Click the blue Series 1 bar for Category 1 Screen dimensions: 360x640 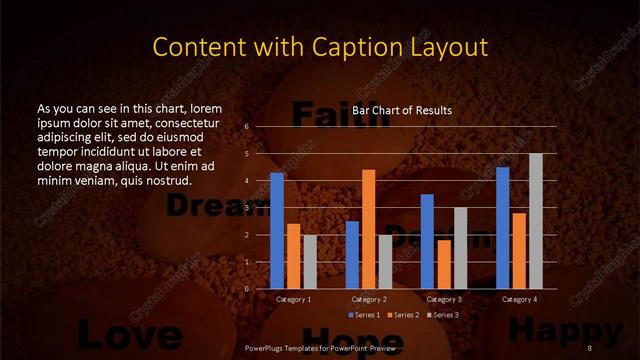click(277, 231)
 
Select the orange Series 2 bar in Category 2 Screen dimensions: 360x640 click(369, 229)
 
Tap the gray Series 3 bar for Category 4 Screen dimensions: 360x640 click(536, 221)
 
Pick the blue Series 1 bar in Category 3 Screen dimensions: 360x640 click(427, 241)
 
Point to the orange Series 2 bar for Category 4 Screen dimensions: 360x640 click(519, 250)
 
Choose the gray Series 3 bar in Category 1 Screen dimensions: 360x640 click(310, 261)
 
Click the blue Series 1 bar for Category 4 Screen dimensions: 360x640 click(503, 227)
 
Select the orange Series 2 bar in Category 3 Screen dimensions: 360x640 click(444, 264)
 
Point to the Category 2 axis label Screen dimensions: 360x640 click(369, 299)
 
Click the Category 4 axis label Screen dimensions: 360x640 click(519, 299)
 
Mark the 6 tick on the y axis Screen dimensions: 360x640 click(247, 127)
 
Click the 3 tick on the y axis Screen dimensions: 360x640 click(247, 208)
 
